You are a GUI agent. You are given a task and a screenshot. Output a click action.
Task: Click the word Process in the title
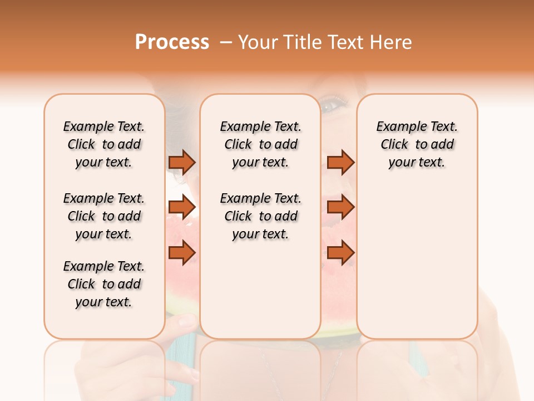172,42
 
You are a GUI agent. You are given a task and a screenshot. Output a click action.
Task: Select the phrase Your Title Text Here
325,42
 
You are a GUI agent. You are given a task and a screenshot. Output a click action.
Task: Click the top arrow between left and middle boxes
182,162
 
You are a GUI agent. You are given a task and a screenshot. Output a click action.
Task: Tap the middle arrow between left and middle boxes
182,207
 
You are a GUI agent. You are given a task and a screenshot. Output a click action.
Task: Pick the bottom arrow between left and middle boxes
182,253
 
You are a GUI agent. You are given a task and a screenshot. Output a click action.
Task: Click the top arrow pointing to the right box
340,162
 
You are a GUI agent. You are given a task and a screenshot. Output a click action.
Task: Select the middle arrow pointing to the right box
340,207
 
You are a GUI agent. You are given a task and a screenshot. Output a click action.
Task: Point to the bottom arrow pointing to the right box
340,253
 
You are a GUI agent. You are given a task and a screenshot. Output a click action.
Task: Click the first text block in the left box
104,144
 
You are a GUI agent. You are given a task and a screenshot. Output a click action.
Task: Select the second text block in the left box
104,216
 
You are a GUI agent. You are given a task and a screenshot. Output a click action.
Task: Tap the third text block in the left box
104,284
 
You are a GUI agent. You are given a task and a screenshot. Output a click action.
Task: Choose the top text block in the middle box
260,144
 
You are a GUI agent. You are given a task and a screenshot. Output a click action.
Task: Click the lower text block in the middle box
260,216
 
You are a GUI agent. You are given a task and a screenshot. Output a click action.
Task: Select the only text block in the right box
417,144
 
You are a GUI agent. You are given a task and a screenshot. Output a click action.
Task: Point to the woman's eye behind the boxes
333,105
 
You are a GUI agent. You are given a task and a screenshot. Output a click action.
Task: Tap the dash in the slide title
226,42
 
